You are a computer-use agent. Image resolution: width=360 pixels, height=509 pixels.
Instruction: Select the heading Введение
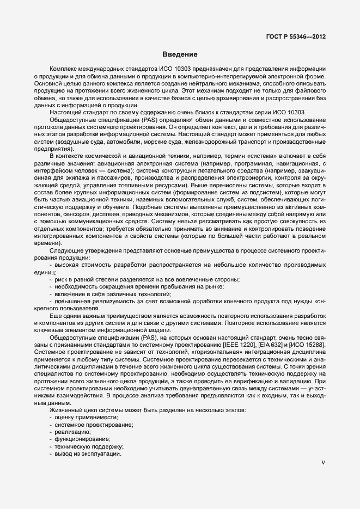tap(180, 55)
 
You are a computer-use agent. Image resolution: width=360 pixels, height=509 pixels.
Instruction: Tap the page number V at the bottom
tap(324, 463)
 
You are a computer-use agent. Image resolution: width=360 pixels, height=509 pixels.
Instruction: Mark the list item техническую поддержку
tap(86, 446)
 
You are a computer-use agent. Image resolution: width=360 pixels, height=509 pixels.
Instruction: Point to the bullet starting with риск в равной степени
tap(147, 279)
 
